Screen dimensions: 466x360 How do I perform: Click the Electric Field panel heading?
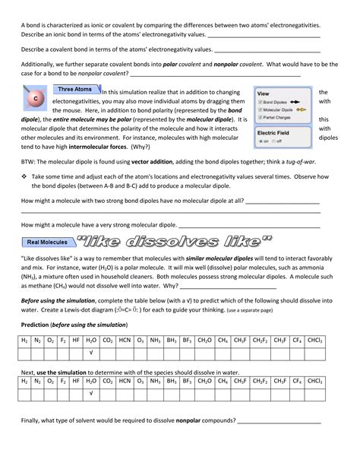pos(273,132)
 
